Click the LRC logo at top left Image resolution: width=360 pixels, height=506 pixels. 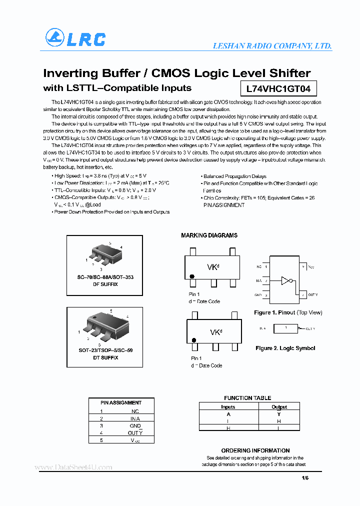75,38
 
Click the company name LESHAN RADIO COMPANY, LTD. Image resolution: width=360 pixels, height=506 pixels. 272,46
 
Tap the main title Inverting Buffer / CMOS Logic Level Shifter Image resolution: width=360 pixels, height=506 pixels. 177,73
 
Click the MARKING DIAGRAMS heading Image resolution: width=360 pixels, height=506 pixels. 209,235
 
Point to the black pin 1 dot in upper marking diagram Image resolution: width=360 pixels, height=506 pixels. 191,276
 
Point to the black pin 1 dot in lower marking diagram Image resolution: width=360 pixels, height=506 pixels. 193,340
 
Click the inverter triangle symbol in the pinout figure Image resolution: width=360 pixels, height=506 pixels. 285,280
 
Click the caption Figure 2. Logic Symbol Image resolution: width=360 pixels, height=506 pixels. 285,348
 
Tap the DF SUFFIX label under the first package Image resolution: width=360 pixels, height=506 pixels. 105,284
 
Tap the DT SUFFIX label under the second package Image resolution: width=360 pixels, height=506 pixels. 105,357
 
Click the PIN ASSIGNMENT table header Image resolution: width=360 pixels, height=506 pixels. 121,402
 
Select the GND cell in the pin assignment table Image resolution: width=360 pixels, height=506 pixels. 135,425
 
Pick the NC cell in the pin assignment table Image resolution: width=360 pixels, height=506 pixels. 135,411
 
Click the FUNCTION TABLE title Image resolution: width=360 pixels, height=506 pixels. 247,398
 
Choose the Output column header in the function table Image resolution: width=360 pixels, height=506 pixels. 279,407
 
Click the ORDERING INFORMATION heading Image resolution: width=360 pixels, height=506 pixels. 255,450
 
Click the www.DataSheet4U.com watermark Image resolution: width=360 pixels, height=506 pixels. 73,467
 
